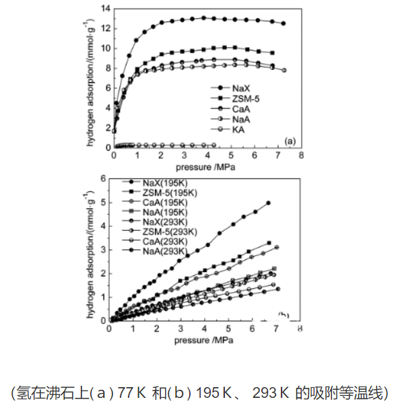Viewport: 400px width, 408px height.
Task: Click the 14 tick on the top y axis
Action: pos(105,9)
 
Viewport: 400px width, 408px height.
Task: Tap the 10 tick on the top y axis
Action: pos(105,48)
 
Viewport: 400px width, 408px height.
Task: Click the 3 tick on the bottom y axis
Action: pos(103,250)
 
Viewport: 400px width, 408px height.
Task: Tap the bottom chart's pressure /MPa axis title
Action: pos(204,339)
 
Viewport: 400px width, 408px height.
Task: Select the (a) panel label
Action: pos(291,141)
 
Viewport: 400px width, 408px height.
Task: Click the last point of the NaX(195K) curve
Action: pos(269,203)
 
